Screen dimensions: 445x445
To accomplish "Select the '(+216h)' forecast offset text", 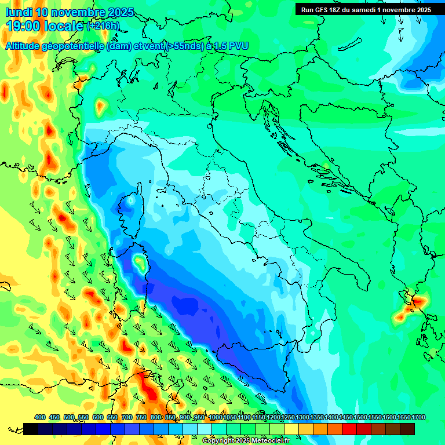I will click(x=103, y=26).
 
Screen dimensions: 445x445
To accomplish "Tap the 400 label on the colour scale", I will click(x=40, y=417).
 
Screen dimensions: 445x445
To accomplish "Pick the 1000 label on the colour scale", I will click(x=215, y=417).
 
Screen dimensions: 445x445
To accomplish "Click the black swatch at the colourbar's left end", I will click(x=31, y=429).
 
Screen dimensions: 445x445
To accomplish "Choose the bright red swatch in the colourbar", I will click(x=349, y=429).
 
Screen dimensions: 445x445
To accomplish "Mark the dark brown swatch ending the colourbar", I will click(x=407, y=429).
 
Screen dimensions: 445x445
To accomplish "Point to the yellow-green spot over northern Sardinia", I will click(x=139, y=262).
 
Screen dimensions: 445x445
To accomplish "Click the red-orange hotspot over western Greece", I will click(x=418, y=301).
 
